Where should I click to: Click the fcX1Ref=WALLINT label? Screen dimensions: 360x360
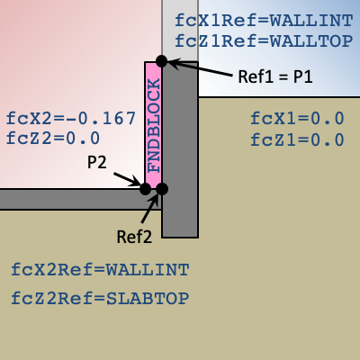pos(264,21)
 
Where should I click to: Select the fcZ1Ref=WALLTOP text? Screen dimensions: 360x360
pos(264,40)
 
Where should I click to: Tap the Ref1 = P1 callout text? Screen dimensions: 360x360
pos(275,76)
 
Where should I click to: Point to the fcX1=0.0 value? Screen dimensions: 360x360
pos(297,118)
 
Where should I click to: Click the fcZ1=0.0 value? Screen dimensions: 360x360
pos(297,139)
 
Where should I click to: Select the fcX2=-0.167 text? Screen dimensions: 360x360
pos(71,118)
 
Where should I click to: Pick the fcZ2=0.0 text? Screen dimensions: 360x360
pos(53,138)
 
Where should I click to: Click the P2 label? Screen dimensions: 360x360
pos(96,162)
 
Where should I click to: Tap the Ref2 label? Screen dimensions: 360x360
pos(134,237)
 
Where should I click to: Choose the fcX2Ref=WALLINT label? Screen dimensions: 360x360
pos(100,270)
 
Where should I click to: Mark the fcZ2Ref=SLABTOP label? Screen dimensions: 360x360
pos(100,299)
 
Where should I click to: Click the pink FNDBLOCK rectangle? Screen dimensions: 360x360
pos(154,125)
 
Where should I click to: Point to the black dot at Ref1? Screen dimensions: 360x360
pos(162,61)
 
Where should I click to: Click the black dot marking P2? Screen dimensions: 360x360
pos(146,189)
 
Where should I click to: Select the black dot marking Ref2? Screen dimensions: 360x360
pos(162,189)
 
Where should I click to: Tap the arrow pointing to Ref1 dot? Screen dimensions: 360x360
pos(200,68)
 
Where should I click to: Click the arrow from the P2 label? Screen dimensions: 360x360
pos(127,179)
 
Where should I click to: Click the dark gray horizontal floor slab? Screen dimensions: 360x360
pos(81,199)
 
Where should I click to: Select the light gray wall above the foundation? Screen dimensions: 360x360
pos(180,31)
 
